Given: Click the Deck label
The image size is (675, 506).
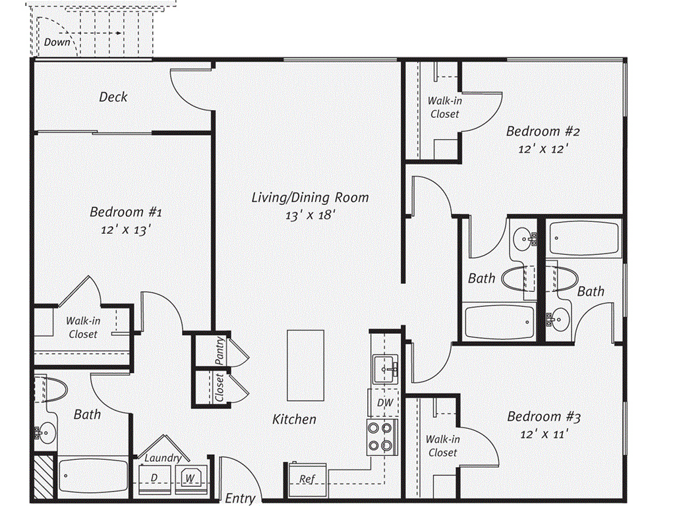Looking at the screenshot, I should (113, 97).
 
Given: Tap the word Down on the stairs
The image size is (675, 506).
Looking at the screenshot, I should (57, 42).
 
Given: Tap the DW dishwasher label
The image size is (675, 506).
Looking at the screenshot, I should (384, 403).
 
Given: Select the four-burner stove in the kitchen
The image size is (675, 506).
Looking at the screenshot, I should (382, 436).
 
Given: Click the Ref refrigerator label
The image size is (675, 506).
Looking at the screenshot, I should (306, 479).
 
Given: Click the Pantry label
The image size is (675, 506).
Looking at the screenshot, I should (220, 351).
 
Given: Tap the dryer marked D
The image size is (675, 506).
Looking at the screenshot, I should (154, 478).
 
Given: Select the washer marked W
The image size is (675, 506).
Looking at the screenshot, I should (190, 478).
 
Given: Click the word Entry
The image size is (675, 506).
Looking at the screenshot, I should (240, 498).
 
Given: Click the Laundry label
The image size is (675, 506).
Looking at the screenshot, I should (163, 458).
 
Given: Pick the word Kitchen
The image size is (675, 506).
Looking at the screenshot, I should (295, 419).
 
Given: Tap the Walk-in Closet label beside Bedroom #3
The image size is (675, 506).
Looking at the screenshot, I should (442, 446).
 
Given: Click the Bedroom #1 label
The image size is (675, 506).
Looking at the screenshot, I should (125, 212).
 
